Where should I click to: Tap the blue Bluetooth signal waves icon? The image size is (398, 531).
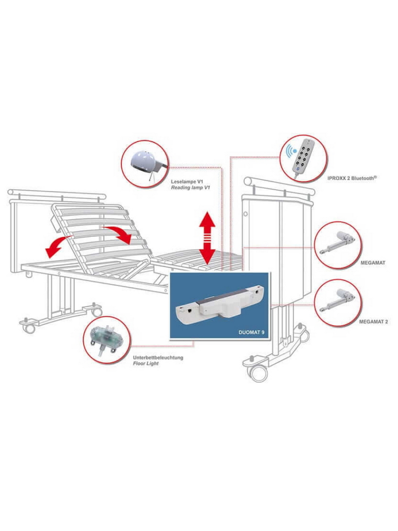pos(290,152)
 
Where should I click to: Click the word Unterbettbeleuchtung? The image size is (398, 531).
pos(158,358)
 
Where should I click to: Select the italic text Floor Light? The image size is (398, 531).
pos(146,363)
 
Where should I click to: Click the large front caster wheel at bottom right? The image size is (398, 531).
pos(259,373)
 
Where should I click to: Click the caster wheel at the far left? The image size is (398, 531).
pos(30,328)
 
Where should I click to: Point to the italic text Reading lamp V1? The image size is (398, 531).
pos(190,188)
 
